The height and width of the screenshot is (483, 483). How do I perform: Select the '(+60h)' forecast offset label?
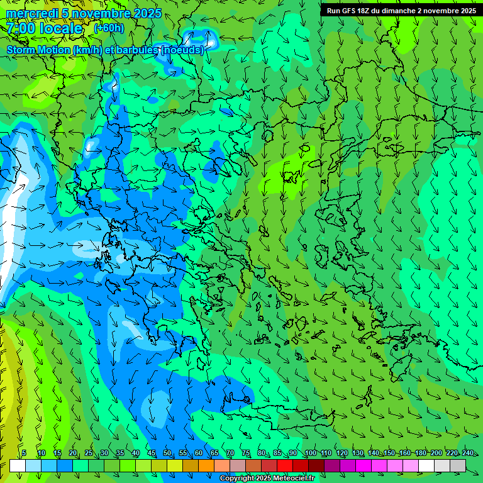109,28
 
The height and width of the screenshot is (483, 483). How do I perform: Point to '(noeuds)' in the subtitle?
182,50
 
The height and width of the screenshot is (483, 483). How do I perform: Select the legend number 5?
24,453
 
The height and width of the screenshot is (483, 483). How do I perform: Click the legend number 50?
167,453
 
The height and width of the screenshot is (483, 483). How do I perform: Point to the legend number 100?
310,453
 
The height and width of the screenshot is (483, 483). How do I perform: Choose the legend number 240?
467,453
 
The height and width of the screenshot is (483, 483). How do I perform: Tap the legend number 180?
420,453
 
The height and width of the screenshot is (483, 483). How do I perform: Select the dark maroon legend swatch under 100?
316,465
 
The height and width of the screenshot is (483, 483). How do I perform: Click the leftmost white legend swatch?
18,465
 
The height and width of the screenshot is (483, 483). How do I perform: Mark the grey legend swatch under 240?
458,465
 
